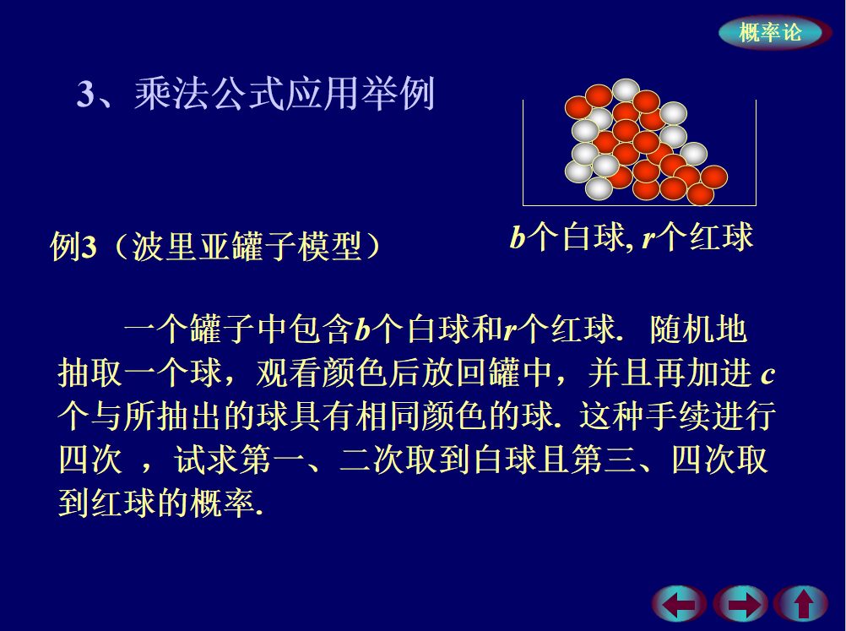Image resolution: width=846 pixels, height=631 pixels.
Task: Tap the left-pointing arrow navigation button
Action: [x=679, y=603]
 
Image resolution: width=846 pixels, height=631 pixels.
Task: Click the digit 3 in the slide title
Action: [x=86, y=94]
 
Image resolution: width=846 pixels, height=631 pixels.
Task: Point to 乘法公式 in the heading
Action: [x=209, y=94]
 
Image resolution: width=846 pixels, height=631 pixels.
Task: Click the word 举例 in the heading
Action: [x=399, y=94]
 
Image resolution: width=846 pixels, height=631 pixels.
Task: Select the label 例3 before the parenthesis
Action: [x=73, y=246]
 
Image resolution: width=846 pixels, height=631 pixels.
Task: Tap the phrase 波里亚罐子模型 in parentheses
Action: [x=246, y=246]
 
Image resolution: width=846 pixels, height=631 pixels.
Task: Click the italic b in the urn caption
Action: [x=518, y=237]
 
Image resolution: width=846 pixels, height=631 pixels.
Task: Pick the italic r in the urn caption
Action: [x=649, y=238]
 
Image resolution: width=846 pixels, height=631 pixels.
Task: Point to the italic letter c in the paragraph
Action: [x=767, y=374]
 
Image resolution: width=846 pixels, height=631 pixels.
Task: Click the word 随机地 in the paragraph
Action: [x=699, y=329]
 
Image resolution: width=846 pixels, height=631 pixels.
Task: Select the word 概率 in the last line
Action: [x=222, y=503]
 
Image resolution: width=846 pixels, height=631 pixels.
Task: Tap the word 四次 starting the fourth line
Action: [x=90, y=460]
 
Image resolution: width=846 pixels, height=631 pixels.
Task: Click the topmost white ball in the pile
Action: [x=626, y=90]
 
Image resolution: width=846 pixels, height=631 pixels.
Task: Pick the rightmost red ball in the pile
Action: [x=713, y=177]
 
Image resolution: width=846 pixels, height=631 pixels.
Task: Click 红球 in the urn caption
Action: [x=721, y=237]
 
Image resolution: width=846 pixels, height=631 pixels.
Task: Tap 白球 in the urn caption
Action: [x=593, y=237]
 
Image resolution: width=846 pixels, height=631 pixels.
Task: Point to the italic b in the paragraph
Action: [x=362, y=329]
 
